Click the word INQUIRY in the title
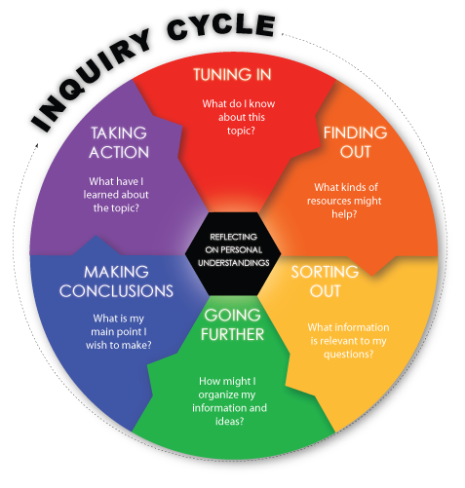(x=91, y=80)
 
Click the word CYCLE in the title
(x=221, y=28)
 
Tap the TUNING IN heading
(x=232, y=74)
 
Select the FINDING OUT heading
(x=356, y=142)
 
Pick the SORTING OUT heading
(x=325, y=282)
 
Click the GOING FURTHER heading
(x=232, y=324)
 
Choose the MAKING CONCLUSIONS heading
(x=116, y=282)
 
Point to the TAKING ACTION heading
(x=119, y=142)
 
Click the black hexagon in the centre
(x=233, y=253)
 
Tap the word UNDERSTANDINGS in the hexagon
(x=234, y=263)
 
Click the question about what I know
(x=239, y=117)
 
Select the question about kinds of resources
(x=345, y=201)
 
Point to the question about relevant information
(x=348, y=341)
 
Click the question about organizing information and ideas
(x=229, y=401)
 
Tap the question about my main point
(x=119, y=331)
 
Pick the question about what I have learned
(x=116, y=195)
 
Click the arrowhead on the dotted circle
(x=36, y=146)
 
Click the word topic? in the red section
(x=241, y=131)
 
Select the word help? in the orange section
(x=344, y=214)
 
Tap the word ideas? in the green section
(x=229, y=421)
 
